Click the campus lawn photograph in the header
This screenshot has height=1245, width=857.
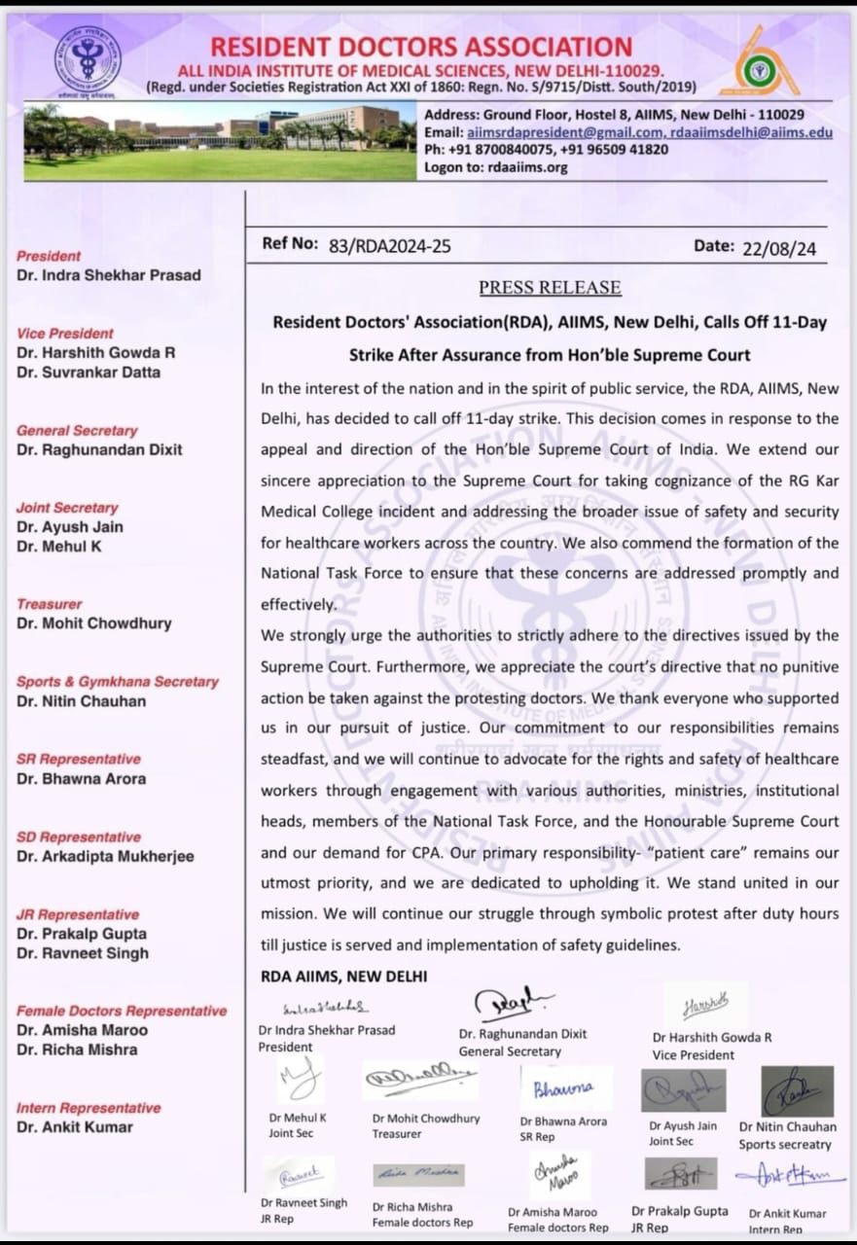220,142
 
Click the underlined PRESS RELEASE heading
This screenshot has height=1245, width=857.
550,288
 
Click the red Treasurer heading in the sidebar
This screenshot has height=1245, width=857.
50,604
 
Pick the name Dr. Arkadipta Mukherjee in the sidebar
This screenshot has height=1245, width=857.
105,857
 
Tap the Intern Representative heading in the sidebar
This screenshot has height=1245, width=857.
89,1108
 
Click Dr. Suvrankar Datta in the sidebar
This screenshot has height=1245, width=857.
89,373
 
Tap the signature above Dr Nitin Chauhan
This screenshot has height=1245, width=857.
797,1090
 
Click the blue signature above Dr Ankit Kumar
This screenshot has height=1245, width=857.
790,1175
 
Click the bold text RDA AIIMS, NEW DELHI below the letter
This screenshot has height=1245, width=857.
343,977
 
